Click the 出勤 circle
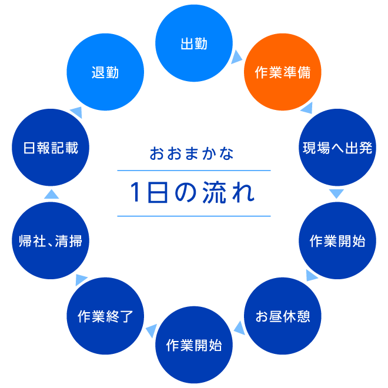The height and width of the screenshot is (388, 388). tap(194, 44)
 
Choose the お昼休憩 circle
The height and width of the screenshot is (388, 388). tap(283, 316)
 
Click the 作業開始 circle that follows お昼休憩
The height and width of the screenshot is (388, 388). tap(194, 344)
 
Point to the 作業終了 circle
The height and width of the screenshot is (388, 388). tap(105, 316)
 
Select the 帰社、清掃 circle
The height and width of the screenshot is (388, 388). tap(51, 240)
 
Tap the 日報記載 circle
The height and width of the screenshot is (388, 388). tap(51, 148)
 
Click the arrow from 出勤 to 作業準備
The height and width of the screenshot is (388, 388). tap(237, 56)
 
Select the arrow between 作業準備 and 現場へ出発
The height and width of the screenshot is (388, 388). tap(306, 108)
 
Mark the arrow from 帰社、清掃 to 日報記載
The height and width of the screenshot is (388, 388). tap(51, 194)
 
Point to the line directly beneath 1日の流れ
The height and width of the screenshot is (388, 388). tap(194, 216)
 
